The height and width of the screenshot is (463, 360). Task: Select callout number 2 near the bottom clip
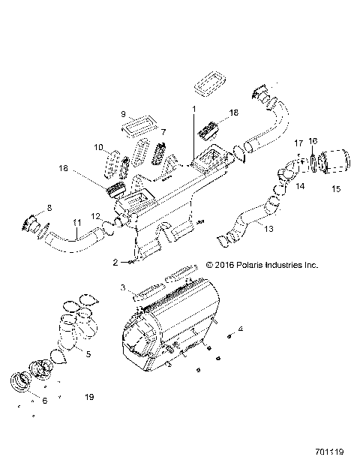point(115,262)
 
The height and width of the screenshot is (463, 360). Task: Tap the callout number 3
point(122,287)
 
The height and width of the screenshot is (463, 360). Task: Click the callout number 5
point(89,354)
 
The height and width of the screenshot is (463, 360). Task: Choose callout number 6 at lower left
point(45,401)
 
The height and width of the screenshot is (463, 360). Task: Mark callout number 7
point(163,131)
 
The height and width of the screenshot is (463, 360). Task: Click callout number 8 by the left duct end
point(49,206)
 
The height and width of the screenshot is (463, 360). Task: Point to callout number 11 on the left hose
point(76,223)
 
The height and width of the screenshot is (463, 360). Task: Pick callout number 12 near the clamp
point(95,217)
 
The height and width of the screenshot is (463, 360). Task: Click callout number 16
point(313,140)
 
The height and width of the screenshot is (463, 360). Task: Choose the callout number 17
point(298,143)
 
